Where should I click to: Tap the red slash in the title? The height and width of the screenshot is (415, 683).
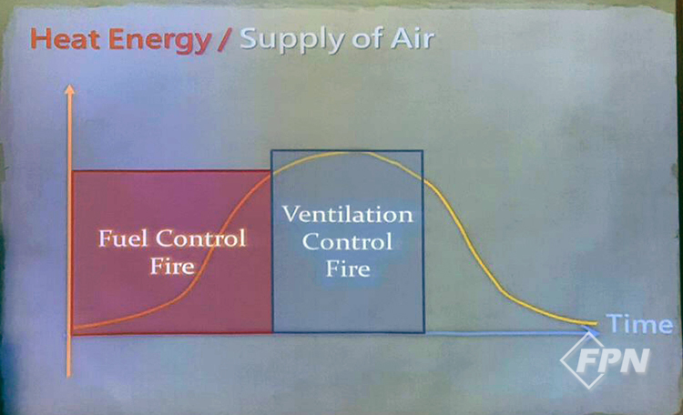[x=225, y=40]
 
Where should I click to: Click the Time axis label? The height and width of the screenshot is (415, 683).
[x=639, y=324]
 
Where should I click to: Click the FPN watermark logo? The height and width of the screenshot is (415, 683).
[x=606, y=360]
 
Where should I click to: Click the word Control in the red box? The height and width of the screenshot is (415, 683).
[x=201, y=238]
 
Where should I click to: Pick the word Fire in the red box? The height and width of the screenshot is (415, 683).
[x=172, y=266]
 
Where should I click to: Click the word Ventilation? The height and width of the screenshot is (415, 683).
[x=348, y=214]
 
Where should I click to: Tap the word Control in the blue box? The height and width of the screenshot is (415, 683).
[x=347, y=242]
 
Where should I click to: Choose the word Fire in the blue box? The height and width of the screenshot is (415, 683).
[x=348, y=268]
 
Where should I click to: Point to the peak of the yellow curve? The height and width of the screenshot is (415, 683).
[x=349, y=152]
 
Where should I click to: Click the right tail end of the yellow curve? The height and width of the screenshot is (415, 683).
[x=595, y=323]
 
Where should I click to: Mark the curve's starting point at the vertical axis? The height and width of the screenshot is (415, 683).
[x=73, y=328]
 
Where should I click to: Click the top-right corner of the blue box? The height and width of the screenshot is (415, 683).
[x=423, y=151]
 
